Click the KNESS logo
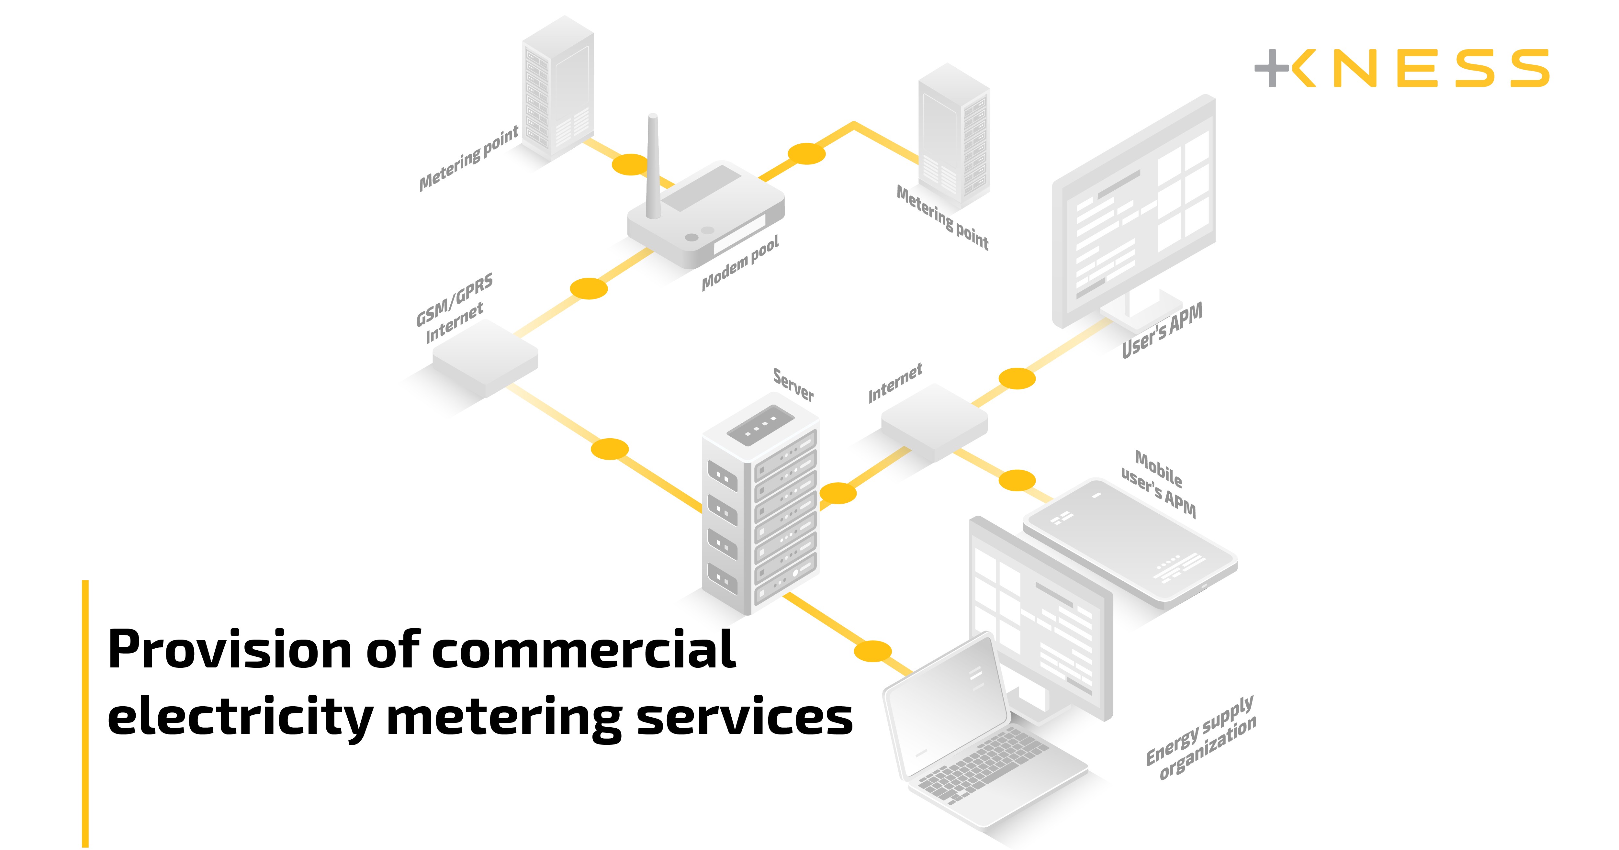[1401, 68]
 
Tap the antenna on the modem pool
[653, 166]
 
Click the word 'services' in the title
[745, 717]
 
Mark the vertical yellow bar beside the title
[85, 713]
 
